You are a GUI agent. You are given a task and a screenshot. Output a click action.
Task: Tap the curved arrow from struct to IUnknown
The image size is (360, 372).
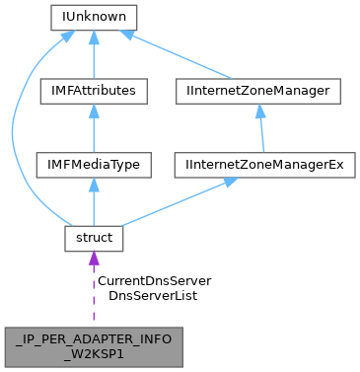(x=14, y=128)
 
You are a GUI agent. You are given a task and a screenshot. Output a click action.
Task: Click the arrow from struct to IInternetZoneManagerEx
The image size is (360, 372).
(x=178, y=201)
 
